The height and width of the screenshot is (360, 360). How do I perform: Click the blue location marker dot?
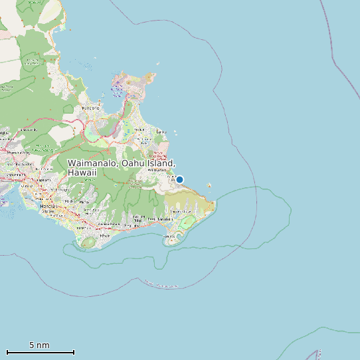179,179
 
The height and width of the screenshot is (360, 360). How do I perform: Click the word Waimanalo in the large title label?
93,163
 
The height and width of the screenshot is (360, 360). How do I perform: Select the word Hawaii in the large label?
82,173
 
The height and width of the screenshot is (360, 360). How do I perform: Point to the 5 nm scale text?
39,345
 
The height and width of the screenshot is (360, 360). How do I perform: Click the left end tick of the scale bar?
7,352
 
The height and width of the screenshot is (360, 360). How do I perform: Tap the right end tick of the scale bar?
74,352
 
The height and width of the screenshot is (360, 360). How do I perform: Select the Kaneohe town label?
90,108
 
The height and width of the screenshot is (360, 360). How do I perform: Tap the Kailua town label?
140,130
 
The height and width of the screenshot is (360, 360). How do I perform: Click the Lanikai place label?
161,132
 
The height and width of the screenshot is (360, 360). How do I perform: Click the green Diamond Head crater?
88,243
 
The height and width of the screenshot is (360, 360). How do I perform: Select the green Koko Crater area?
188,221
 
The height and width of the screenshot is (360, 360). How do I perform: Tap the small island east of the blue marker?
209,185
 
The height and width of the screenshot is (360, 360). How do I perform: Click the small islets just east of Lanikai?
175,134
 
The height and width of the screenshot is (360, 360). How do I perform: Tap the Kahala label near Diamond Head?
104,235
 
